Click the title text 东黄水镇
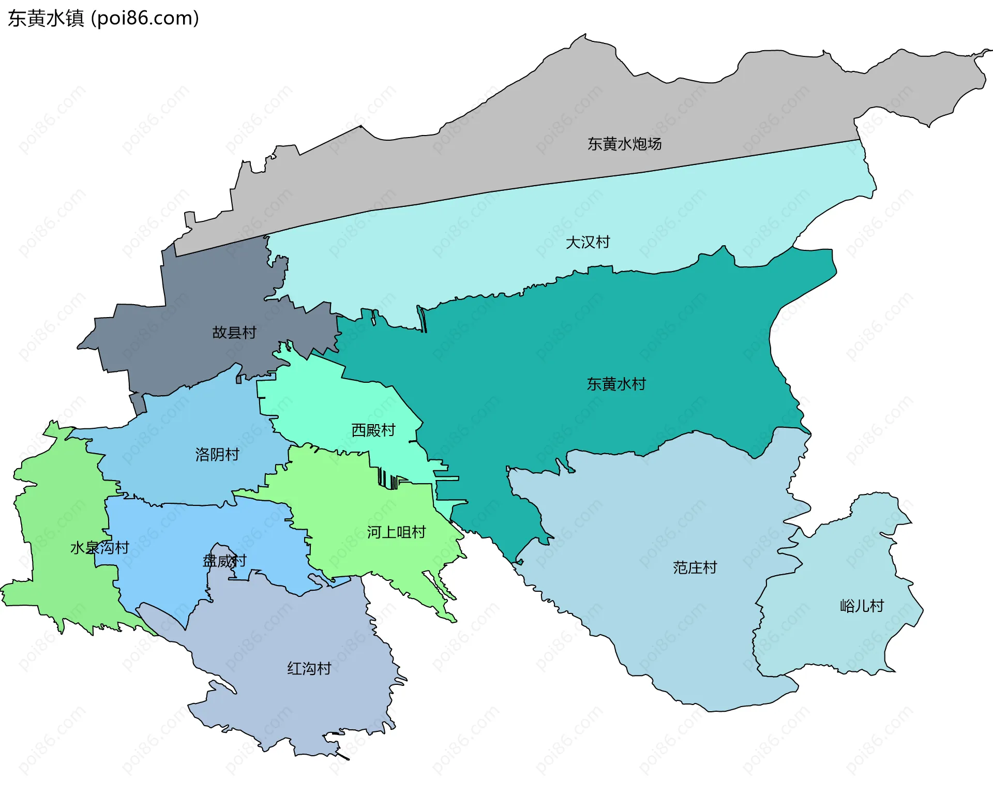46,19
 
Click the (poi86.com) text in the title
145,19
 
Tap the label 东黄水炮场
624,144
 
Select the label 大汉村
588,242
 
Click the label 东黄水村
616,384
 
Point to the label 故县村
234,333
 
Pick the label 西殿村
373,430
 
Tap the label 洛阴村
217,455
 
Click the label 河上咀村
396,532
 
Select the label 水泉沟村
99,547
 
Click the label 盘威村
224,561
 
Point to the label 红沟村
309,668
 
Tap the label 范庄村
695,567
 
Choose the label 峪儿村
862,606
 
